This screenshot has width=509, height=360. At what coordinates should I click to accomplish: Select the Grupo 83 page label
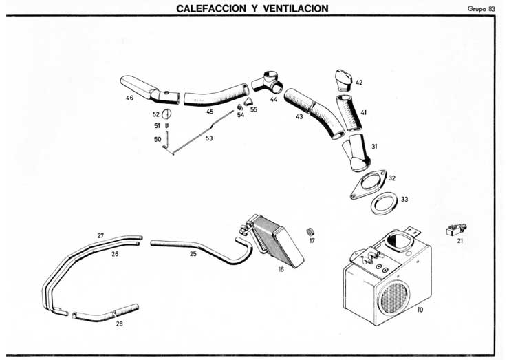click(481, 8)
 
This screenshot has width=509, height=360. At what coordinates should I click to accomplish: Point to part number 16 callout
click(281, 269)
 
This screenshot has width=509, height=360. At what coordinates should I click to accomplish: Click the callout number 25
click(193, 253)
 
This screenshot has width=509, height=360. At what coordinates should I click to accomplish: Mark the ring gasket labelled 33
click(383, 204)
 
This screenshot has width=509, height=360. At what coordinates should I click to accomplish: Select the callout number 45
click(209, 111)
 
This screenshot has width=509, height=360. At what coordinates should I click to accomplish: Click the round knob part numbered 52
click(169, 114)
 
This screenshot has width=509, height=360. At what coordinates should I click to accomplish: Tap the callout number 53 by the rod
click(209, 138)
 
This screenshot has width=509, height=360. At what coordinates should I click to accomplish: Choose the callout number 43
click(299, 116)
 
